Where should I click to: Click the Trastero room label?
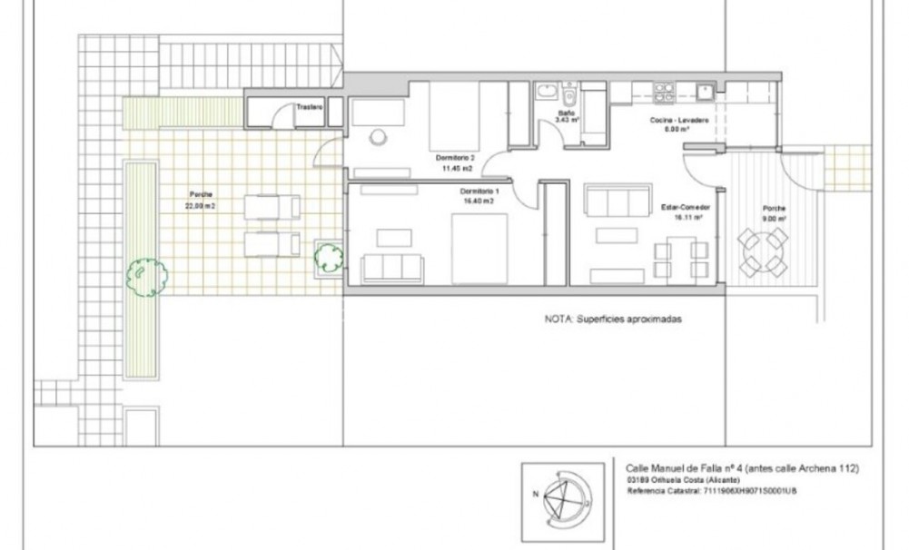[310, 106]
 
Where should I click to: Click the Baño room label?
[564, 113]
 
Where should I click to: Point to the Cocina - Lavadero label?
[678, 120]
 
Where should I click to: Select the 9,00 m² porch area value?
[774, 219]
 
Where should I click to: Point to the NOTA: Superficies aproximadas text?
[612, 320]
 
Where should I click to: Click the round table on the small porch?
[762, 250]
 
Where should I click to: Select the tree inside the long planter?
[146, 273]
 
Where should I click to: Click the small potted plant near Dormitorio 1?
[328, 258]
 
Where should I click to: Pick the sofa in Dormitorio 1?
[392, 269]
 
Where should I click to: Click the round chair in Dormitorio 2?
[378, 137]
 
